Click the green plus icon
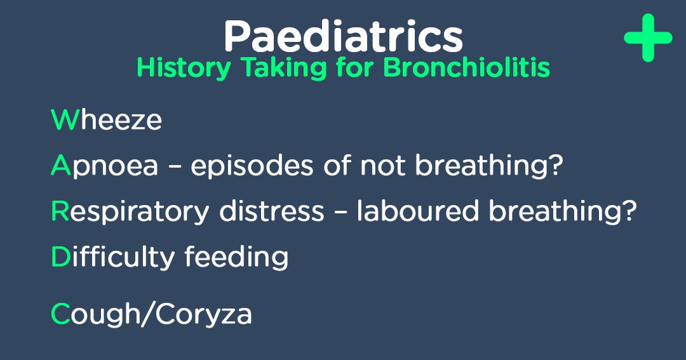pos(647,37)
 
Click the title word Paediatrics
pos(343,36)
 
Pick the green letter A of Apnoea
pos(60,166)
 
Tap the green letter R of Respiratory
pos(59,211)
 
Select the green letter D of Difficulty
pos(60,257)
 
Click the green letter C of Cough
pos(60,314)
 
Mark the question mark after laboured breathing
pos(628,211)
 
